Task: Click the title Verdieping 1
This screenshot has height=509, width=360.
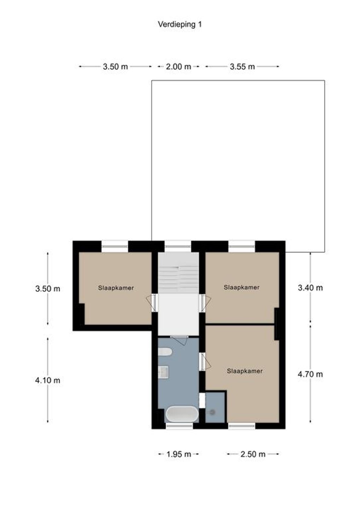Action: [180, 24]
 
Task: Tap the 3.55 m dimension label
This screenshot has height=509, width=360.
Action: [242, 67]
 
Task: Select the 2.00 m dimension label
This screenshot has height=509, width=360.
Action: [179, 67]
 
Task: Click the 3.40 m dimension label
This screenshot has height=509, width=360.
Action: [310, 288]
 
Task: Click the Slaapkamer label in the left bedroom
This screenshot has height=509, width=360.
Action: [116, 288]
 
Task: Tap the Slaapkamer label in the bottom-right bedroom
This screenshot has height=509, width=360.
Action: [245, 371]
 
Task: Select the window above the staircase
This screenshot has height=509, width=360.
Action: [178, 246]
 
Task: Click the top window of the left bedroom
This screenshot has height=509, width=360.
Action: [115, 246]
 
